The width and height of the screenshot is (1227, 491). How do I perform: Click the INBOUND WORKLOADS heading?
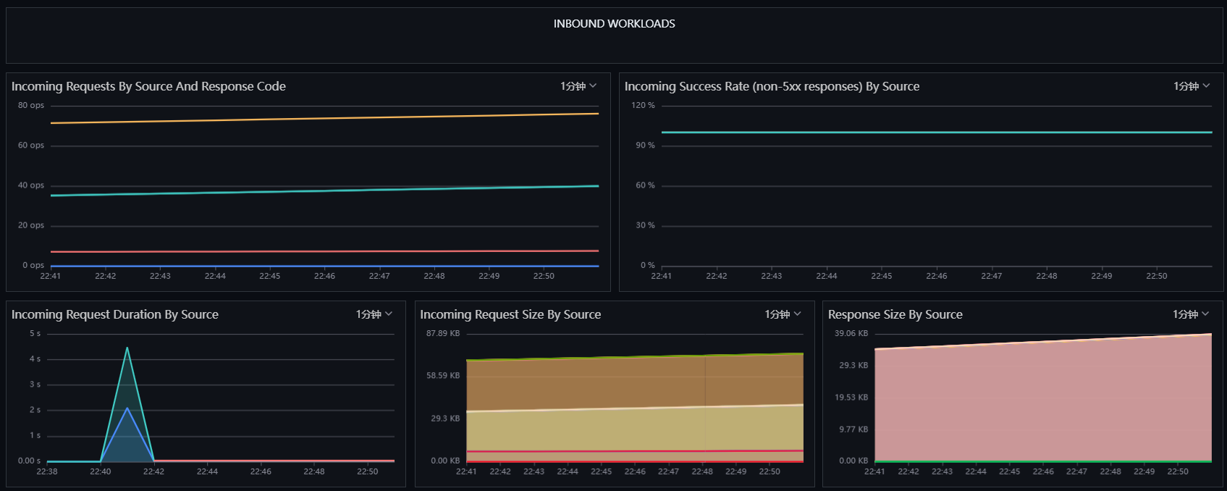(614, 24)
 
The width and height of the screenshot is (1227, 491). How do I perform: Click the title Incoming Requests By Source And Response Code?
(148, 87)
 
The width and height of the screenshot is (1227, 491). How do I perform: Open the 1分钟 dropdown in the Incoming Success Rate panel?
(1192, 86)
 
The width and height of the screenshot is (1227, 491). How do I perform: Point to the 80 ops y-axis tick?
(30, 105)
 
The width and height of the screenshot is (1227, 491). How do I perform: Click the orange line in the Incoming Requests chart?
(324, 118)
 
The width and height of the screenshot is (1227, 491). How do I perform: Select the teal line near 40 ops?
(324, 190)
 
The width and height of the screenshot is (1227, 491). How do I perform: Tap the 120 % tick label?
(643, 105)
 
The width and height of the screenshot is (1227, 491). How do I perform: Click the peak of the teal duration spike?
(127, 348)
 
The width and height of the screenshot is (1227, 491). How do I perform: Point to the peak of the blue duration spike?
(127, 408)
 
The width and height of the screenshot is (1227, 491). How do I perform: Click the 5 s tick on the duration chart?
(35, 333)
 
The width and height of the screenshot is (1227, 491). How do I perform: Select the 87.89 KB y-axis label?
(443, 333)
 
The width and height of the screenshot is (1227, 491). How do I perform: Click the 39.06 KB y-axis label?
(851, 333)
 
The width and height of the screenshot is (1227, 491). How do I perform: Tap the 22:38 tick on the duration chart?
(46, 471)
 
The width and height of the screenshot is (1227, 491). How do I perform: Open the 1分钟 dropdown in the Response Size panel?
(1191, 314)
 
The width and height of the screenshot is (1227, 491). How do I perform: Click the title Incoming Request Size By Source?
(510, 314)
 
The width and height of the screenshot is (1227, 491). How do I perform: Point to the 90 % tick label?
(645, 146)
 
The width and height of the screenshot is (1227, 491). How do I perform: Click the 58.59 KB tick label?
(443, 375)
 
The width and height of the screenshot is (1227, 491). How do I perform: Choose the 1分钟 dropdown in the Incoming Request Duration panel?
(374, 314)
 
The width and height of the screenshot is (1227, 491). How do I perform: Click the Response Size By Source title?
(895, 314)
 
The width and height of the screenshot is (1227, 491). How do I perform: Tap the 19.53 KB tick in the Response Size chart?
(851, 398)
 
